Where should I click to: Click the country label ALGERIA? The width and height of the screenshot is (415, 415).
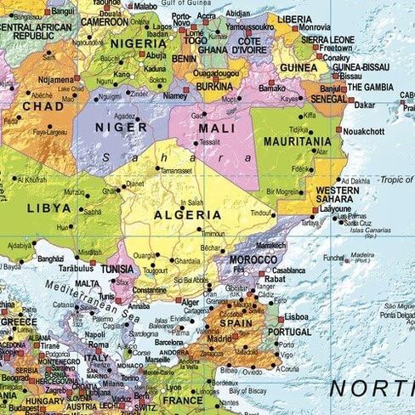pyautogui.click(x=187, y=215)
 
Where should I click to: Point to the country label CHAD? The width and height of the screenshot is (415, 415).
pyautogui.click(x=43, y=106)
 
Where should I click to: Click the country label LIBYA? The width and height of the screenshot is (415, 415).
pyautogui.click(x=48, y=207)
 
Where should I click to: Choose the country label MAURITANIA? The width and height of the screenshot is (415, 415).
pyautogui.click(x=298, y=141)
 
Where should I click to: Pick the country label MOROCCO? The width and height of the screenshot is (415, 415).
pyautogui.click(x=253, y=259)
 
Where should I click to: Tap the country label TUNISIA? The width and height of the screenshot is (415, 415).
pyautogui.click(x=117, y=269)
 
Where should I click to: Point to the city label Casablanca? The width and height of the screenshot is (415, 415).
pyautogui.click(x=289, y=270)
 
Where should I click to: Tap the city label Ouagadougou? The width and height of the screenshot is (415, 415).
pyautogui.click(x=214, y=73)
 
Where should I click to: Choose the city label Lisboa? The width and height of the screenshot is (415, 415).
pyautogui.click(x=297, y=316)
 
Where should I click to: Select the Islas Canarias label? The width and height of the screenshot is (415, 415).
pyautogui.click(x=351, y=230)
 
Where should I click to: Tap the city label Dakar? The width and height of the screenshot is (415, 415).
pyautogui.click(x=364, y=105)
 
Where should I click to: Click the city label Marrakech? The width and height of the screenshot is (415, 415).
pyautogui.click(x=270, y=245)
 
